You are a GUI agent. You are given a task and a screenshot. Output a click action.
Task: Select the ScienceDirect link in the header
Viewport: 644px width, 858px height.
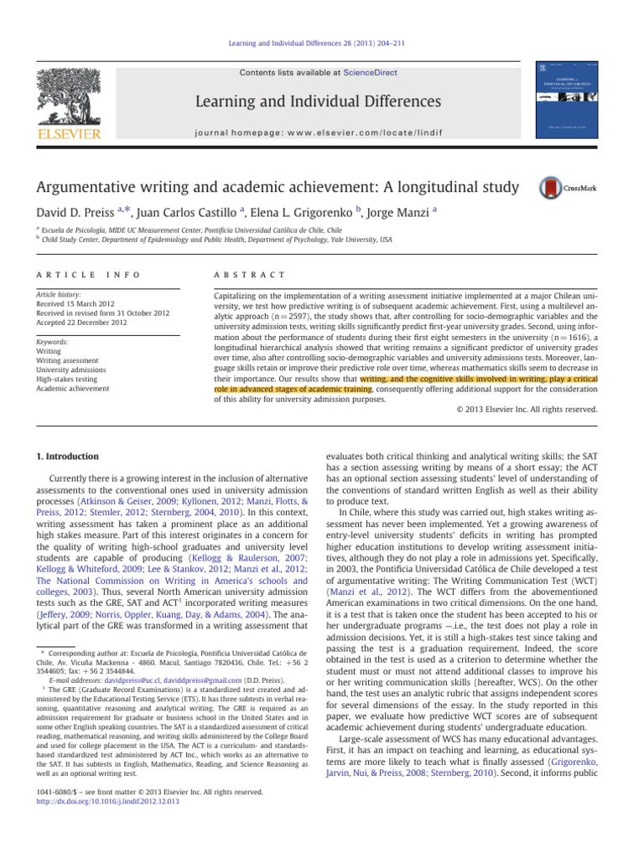coord(371,73)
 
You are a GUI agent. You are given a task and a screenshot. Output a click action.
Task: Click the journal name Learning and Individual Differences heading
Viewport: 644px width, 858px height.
coord(322,101)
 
